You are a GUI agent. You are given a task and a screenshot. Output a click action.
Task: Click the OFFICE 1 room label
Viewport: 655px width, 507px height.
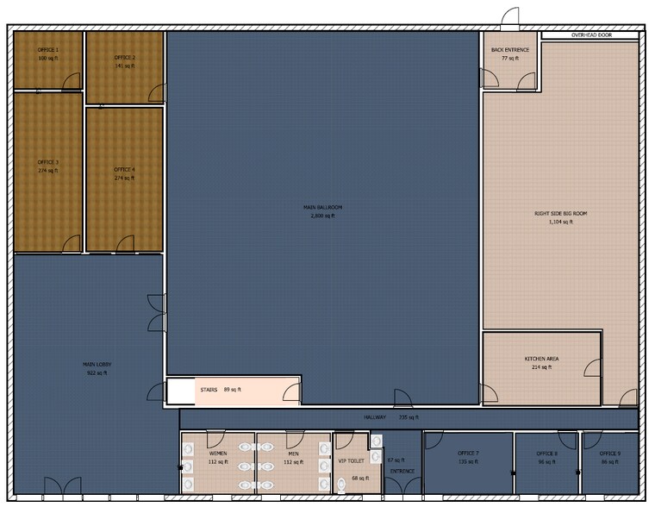(48, 50)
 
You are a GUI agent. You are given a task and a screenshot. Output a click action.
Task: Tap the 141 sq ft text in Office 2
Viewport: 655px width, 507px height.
(125, 66)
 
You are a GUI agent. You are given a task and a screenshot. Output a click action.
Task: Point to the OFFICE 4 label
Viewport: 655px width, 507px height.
(125, 170)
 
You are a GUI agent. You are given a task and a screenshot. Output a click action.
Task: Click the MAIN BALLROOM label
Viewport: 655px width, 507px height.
(321, 208)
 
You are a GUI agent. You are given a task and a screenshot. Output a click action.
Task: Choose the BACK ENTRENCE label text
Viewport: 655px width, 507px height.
(510, 50)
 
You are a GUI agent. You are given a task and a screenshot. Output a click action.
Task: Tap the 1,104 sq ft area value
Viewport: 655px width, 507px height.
(560, 222)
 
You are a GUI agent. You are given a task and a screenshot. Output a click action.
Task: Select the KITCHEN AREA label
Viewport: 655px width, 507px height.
(542, 358)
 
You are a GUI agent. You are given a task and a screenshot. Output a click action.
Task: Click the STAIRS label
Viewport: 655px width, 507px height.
(209, 390)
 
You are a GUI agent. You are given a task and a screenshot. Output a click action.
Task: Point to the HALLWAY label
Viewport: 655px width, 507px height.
(375, 417)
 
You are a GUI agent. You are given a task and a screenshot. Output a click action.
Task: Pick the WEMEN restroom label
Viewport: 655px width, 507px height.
(217, 453)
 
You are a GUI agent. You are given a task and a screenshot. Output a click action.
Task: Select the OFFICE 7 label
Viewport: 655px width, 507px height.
(468, 454)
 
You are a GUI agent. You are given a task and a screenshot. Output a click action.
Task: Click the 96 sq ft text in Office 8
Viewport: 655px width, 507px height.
(547, 462)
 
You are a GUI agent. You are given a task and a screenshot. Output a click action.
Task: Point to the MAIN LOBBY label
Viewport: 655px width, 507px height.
(97, 364)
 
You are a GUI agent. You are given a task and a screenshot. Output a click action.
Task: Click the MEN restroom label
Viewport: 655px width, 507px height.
(292, 453)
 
